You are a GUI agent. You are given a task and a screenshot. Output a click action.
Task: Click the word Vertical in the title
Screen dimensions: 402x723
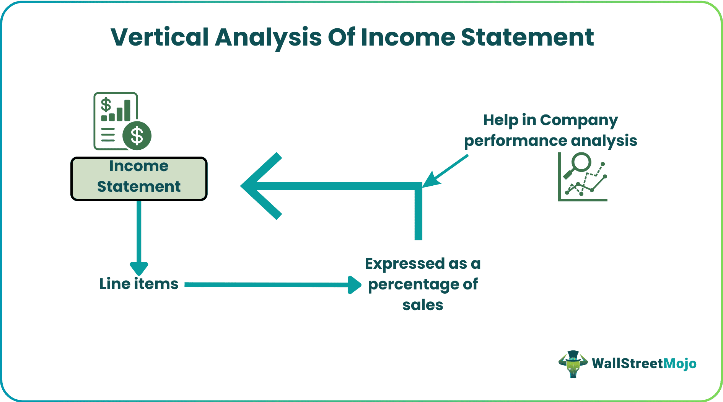[x=160, y=38]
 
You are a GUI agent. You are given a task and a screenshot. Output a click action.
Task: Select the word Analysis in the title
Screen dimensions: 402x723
[x=268, y=38]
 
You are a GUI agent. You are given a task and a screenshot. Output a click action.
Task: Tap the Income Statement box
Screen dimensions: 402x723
[x=139, y=178]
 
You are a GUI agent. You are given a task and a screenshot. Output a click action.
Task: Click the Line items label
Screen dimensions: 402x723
[x=139, y=284]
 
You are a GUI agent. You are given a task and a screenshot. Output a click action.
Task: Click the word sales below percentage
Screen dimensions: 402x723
[x=423, y=305]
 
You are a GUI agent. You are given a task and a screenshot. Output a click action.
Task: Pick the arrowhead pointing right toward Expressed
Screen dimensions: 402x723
[x=354, y=285]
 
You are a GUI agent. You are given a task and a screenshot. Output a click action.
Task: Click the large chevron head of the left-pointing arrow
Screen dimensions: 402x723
[x=260, y=186]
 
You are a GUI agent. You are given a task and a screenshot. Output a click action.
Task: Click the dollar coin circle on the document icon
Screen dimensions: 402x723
[x=137, y=136]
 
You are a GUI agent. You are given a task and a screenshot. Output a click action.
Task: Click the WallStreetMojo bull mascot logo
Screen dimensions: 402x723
[x=573, y=364]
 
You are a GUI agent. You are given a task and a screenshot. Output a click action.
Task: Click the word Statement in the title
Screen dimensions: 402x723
[x=527, y=38]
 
